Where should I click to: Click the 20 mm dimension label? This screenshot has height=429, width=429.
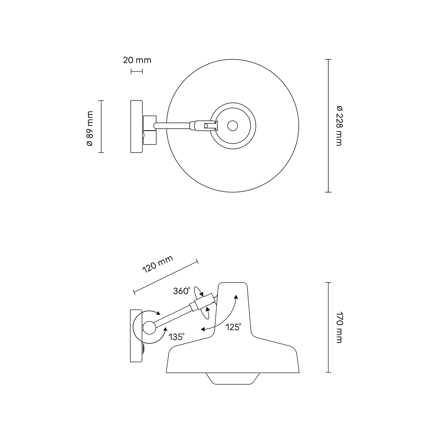tap(137, 60)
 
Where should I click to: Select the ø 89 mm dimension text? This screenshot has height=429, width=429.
tap(90, 128)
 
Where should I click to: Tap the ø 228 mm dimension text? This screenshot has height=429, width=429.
tap(339, 126)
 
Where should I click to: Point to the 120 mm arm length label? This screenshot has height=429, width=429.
tap(157, 264)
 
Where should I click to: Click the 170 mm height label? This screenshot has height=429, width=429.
tap(339, 327)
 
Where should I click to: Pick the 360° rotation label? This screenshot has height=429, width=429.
tap(182, 291)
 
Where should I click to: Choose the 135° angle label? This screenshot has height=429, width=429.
tap(176, 337)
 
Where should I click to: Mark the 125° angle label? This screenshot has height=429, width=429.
tap(233, 327)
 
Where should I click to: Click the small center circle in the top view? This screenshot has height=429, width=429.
tap(232, 126)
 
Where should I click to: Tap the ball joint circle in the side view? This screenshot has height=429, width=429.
tap(149, 328)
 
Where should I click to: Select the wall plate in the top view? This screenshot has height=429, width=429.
tap(136, 126)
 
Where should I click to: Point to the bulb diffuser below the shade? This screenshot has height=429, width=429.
tap(233, 378)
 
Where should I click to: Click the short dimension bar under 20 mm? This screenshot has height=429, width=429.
tap(137, 71)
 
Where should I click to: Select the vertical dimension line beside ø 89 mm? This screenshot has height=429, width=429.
tap(101, 126)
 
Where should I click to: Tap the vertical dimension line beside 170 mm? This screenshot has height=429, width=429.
tap(328, 327)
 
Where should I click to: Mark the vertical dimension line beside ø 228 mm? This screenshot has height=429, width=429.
tap(328, 126)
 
